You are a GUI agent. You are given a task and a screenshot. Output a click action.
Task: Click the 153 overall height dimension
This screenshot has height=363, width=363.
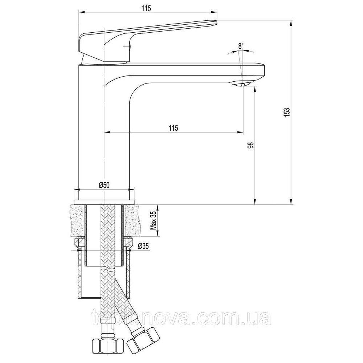(x=286, y=112)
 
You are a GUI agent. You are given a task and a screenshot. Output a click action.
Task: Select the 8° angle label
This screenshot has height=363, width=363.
(x=241, y=46)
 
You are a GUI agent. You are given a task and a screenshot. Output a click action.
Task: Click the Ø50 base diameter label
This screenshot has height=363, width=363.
(x=104, y=185)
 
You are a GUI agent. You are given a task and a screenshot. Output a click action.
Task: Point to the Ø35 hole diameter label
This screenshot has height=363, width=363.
(x=143, y=246)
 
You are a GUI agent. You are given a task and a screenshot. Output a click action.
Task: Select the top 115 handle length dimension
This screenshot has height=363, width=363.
(x=147, y=8)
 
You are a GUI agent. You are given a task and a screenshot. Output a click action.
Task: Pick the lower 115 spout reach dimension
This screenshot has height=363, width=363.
(x=173, y=128)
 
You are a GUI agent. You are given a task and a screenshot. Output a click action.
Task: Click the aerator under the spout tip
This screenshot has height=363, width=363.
(x=240, y=84)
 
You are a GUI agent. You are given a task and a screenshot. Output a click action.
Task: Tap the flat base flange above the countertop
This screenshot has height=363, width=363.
(x=104, y=201)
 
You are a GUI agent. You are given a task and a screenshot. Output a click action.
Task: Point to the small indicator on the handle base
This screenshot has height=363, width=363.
(x=127, y=46)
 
